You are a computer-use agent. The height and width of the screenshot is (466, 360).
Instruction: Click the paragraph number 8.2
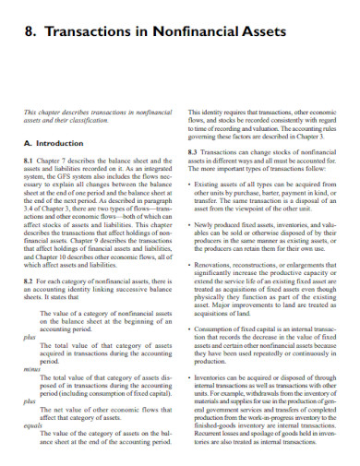[x=29, y=278]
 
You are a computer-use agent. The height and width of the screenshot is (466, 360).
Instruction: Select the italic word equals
[x=33, y=427]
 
